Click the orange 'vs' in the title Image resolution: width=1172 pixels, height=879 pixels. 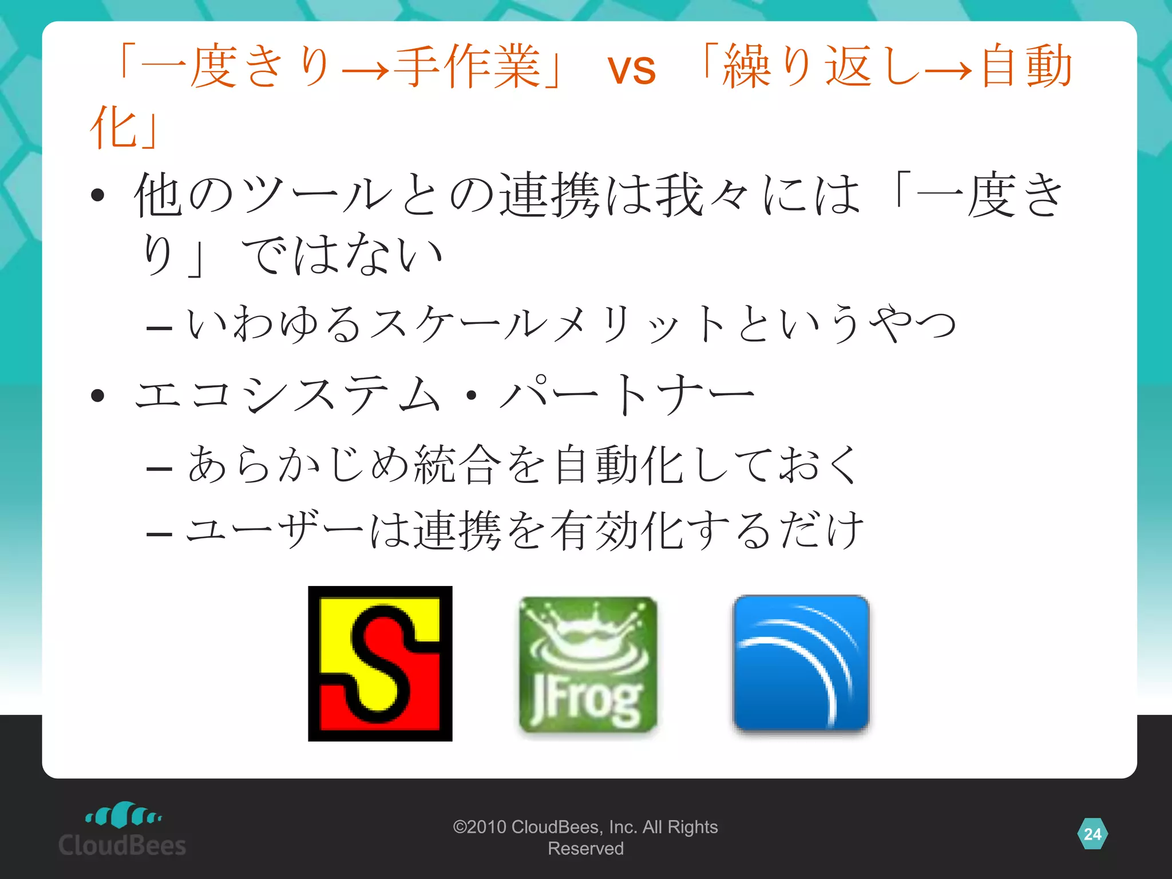pos(631,70)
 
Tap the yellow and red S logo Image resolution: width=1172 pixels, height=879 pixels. pos(380,663)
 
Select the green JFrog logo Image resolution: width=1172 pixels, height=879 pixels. pos(588,664)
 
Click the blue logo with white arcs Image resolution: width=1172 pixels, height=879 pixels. pos(801,663)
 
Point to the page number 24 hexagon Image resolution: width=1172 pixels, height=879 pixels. pos(1092,834)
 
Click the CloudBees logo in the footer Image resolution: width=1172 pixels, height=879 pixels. pos(122,830)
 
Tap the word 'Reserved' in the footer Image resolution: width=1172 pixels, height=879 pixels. pos(585,849)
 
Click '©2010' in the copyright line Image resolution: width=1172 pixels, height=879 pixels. pos(479,827)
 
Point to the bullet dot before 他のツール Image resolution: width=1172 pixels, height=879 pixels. pos(98,195)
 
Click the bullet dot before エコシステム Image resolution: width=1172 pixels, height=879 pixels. pos(98,395)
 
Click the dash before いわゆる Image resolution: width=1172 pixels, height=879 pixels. pos(159,328)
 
